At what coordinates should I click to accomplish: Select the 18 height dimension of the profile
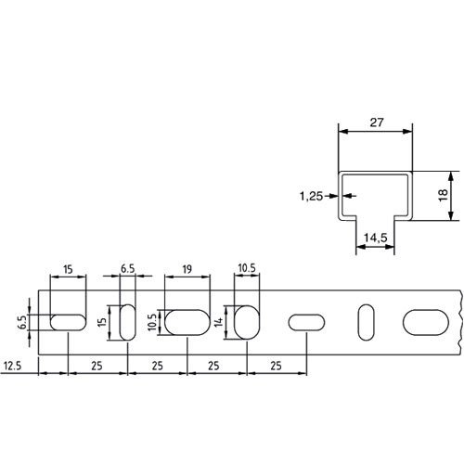(444, 196)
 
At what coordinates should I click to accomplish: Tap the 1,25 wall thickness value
(312, 196)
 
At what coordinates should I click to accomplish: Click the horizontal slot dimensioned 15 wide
(68, 322)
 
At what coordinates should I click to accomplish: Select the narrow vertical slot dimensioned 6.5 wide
(127, 322)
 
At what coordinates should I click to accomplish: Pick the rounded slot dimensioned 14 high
(246, 322)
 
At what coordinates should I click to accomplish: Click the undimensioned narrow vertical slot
(365, 322)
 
